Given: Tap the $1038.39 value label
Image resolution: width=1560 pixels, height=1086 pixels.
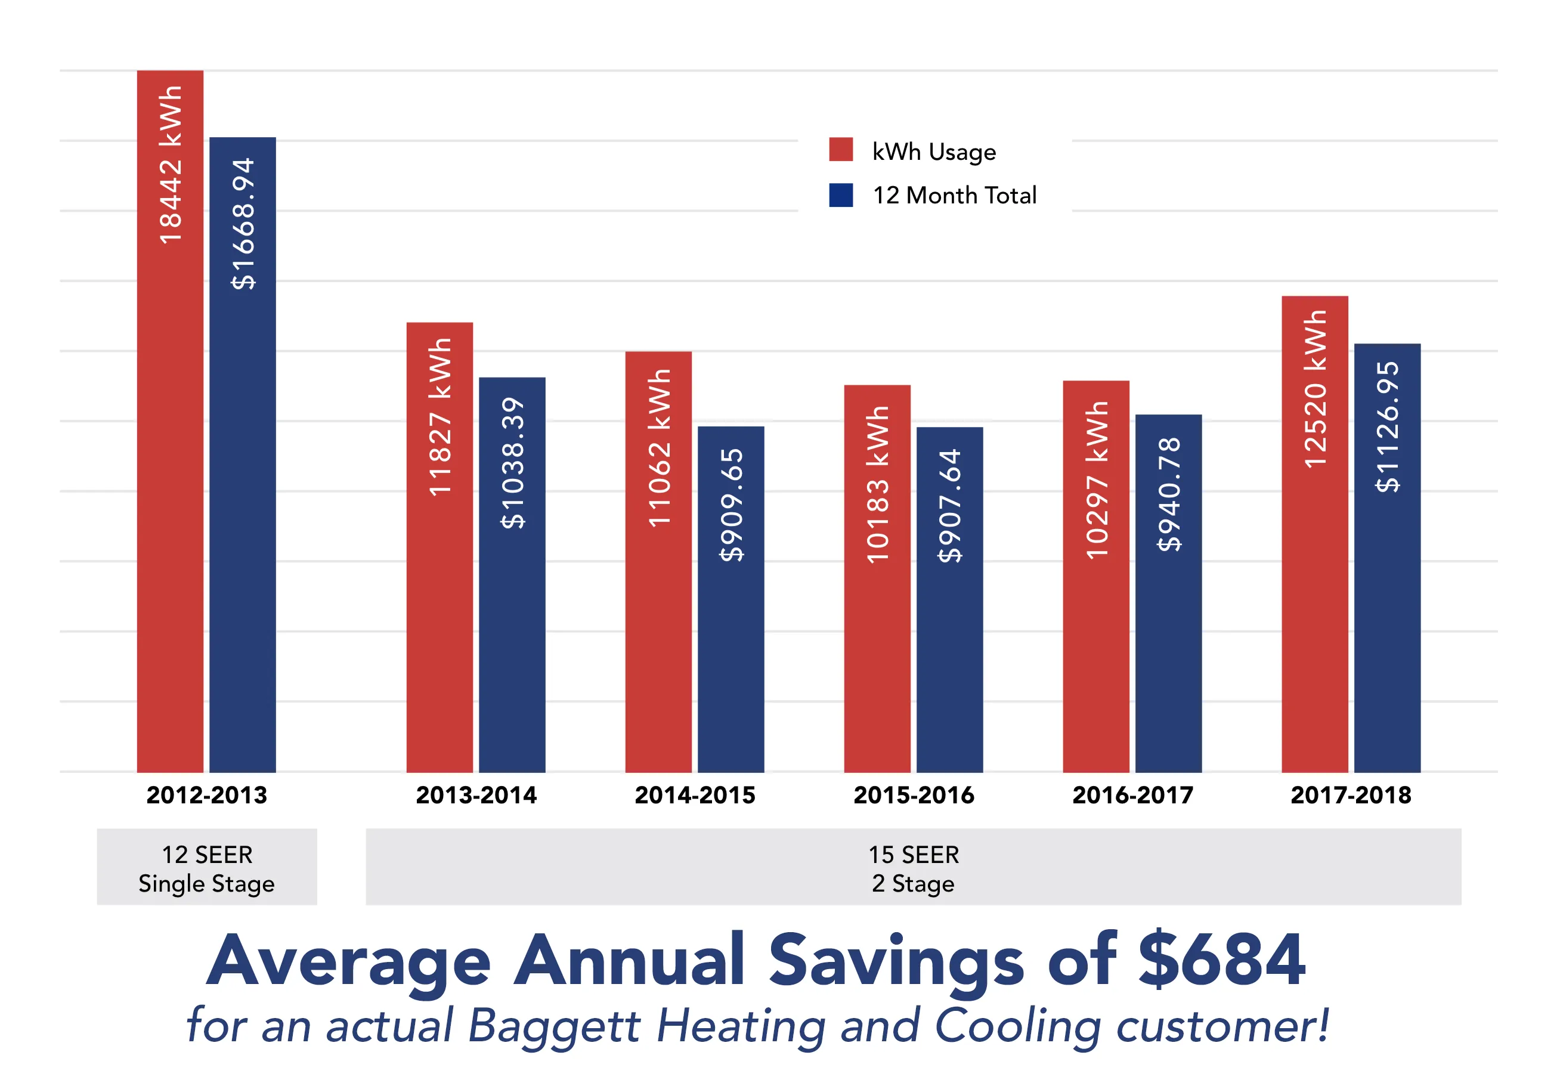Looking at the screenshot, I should (x=512, y=463).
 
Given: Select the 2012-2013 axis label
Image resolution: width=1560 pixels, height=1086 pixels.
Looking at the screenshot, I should (x=206, y=794).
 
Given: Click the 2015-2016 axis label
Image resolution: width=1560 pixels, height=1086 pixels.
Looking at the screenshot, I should (x=913, y=794).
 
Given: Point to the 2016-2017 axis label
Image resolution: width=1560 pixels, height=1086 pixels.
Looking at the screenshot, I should (x=1132, y=794).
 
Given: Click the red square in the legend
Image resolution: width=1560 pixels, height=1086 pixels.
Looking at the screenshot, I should (x=840, y=150).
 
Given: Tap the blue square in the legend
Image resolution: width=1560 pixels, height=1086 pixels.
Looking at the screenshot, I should (x=840, y=195).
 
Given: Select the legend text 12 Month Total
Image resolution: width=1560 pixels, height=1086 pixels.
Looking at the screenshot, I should (x=954, y=196).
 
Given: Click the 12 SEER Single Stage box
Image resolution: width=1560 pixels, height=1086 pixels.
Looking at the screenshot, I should (x=206, y=867).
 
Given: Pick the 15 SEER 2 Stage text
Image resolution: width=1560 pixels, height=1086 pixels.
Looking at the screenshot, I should (x=913, y=868).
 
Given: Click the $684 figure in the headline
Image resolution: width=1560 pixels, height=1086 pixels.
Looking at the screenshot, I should (x=1221, y=960).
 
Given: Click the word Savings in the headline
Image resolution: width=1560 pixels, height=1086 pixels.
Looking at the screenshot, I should (x=895, y=960).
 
